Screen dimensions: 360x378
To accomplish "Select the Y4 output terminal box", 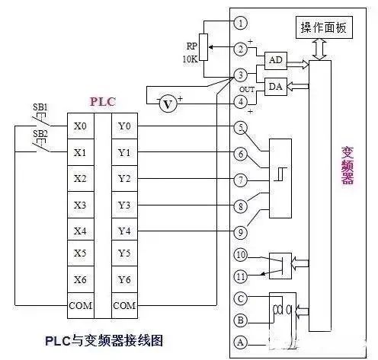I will tap(126, 231).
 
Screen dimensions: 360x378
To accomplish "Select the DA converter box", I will tap(274, 87).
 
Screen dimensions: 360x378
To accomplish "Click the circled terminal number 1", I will tap(241, 23).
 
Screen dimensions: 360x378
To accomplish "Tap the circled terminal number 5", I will tap(241, 127).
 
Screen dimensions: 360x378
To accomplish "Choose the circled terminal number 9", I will tap(241, 231).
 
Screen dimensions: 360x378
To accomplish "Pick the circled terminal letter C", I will tap(241, 298).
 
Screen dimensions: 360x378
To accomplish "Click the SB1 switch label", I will tap(40, 106).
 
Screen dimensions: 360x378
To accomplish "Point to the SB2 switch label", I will tap(40, 133).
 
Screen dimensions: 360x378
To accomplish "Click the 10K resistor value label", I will tap(190, 59).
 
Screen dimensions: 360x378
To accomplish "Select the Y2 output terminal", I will tap(126, 179).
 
